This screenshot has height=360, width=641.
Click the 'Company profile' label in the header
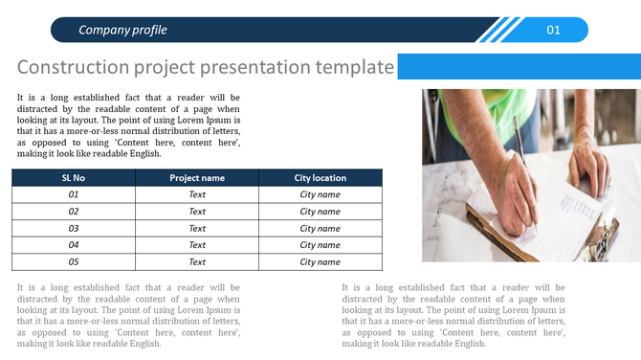pos(122,30)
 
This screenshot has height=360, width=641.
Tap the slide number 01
pos(554,30)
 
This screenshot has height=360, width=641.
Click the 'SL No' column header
pos(74,177)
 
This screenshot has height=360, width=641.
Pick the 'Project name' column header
pos(197,177)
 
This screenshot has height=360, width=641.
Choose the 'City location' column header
pos(320,177)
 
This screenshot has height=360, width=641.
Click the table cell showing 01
pos(74,194)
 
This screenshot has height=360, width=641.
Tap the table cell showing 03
pos(74,229)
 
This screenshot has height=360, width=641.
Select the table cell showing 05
pos(74,261)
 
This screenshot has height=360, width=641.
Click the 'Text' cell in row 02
pos(197,212)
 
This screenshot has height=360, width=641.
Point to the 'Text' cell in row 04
pos(197,245)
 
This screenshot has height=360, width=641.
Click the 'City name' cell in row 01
pos(320,194)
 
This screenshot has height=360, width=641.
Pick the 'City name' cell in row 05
pos(320,261)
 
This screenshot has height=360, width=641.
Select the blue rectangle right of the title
pos(518,67)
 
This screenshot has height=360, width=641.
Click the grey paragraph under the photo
pos(453,315)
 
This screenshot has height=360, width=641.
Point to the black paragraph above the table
pos(128,125)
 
